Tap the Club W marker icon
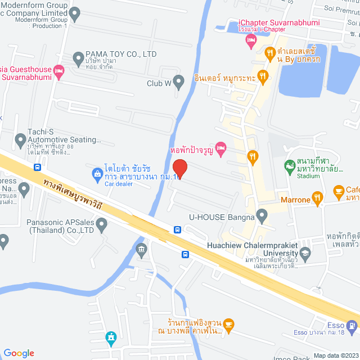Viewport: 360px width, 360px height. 179,83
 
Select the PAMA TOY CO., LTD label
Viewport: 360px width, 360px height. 121,55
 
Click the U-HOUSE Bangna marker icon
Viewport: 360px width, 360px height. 262,214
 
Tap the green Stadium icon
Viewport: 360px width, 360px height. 289,166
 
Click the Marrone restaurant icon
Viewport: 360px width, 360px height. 318,197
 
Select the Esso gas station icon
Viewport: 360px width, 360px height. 352,325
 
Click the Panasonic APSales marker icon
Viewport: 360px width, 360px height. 102,226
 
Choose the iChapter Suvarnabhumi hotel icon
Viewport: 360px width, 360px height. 251,40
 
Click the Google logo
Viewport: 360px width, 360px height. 18,353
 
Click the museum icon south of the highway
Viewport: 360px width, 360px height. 141,249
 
